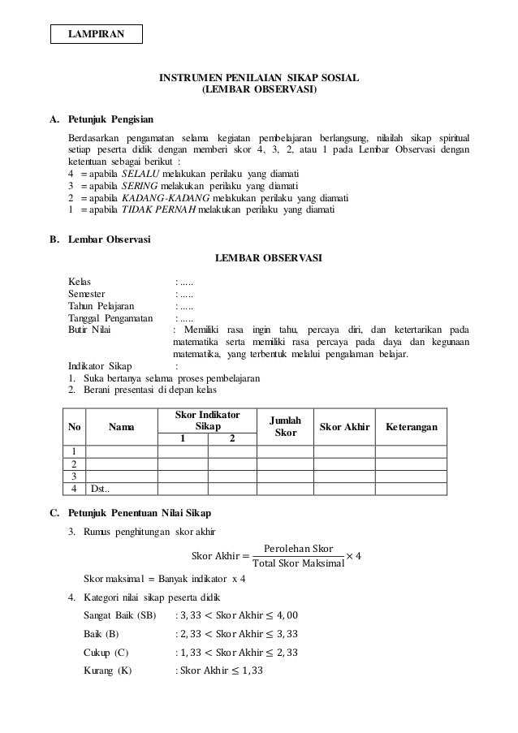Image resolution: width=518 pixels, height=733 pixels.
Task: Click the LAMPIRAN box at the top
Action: (x=97, y=34)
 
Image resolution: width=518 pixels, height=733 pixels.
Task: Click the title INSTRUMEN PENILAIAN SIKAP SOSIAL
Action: (x=259, y=78)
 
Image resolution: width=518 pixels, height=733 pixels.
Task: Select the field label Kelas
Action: (x=80, y=282)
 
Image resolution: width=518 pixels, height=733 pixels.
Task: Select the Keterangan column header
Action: (x=412, y=427)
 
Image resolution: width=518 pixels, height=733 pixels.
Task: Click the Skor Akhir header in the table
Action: (x=344, y=427)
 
